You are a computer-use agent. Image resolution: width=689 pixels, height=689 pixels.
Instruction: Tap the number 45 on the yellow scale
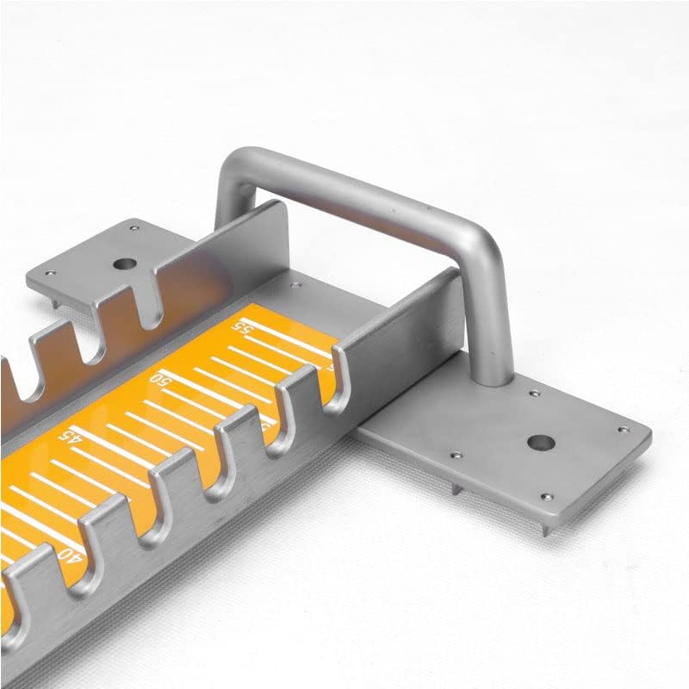68,437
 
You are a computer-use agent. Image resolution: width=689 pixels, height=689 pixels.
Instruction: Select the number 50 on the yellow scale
159,380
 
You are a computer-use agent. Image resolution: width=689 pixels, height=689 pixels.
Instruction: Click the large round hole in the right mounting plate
540,444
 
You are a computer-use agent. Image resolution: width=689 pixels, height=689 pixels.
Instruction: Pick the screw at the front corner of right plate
544,496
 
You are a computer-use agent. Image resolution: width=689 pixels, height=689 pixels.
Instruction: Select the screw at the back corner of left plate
134,228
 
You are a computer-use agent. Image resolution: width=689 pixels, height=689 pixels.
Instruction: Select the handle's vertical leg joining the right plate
491,319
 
